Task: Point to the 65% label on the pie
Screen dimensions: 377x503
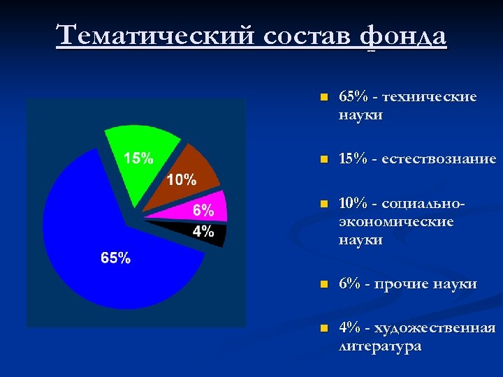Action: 115,258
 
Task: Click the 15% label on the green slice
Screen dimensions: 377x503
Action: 139,158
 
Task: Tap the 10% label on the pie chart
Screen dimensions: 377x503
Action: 181,180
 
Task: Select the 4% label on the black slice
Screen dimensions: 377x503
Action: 203,232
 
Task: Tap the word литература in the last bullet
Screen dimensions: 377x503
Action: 380,346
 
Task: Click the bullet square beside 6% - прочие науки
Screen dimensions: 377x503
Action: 322,285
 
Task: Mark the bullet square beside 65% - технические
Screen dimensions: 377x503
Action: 322,98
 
